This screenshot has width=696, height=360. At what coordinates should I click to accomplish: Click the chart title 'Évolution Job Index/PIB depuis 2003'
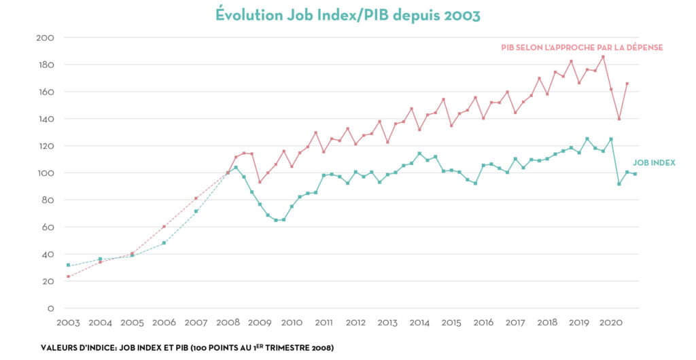(x=347, y=14)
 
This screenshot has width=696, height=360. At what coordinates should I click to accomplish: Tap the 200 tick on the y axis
(x=46, y=37)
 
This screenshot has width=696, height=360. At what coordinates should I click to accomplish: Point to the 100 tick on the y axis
(x=46, y=173)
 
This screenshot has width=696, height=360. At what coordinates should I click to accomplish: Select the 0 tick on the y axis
(x=50, y=308)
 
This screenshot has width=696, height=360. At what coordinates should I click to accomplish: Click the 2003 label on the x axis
(x=68, y=323)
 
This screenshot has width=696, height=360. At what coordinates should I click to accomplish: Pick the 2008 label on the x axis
(x=228, y=323)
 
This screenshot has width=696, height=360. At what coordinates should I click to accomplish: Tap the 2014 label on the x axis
(x=419, y=323)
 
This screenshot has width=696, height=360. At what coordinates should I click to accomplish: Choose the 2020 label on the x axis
(x=610, y=323)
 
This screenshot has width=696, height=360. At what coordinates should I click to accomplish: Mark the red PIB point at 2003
(x=68, y=276)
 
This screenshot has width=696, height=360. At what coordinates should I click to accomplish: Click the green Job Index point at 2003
(x=68, y=265)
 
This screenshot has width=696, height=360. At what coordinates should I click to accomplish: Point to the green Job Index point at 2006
(x=164, y=242)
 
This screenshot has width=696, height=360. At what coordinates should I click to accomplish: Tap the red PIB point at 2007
(x=196, y=198)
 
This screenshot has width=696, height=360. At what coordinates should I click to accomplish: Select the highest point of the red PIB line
(x=603, y=56)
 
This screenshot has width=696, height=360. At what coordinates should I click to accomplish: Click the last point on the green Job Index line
(x=635, y=174)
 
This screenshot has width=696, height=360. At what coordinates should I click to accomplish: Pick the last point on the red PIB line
(x=627, y=84)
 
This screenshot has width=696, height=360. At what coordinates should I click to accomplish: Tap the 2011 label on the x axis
(x=324, y=323)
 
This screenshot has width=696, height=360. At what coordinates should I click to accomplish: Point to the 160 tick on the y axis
(x=46, y=92)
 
